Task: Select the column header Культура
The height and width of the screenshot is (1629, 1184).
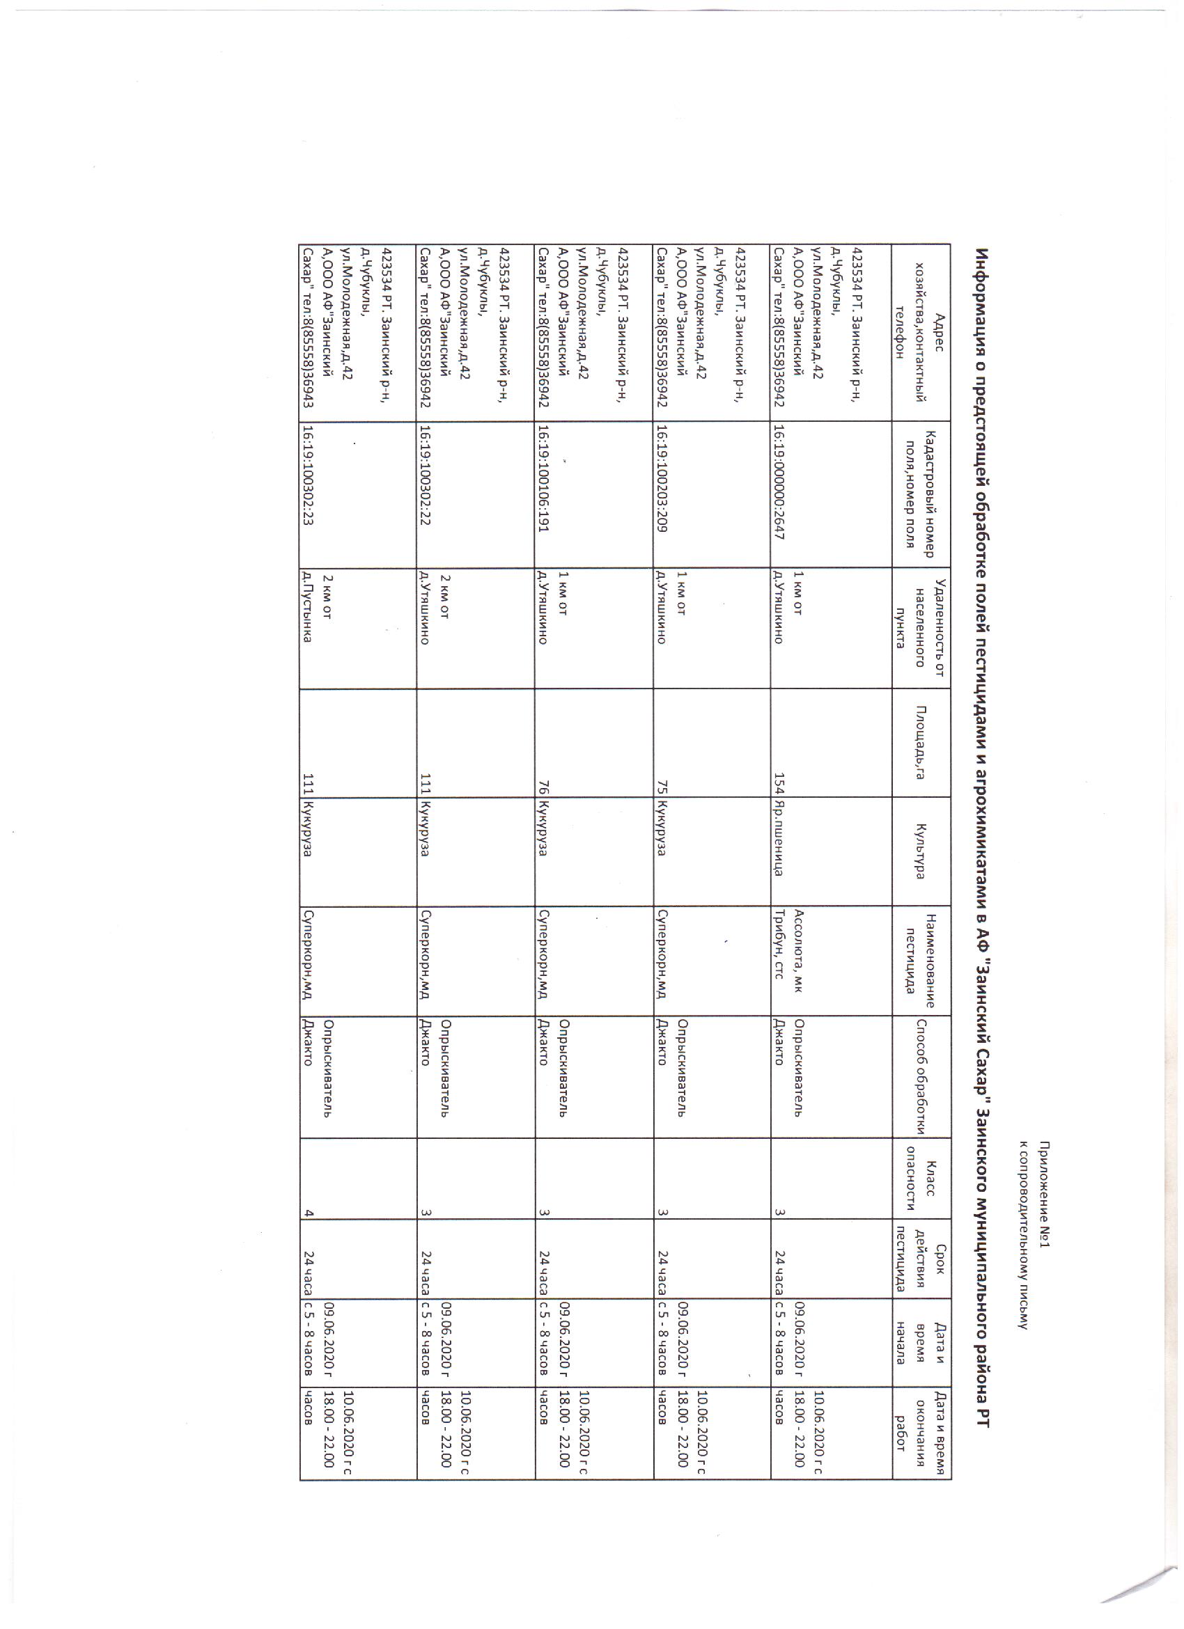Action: tap(920, 851)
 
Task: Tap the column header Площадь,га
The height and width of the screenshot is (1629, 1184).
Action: tap(920, 743)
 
